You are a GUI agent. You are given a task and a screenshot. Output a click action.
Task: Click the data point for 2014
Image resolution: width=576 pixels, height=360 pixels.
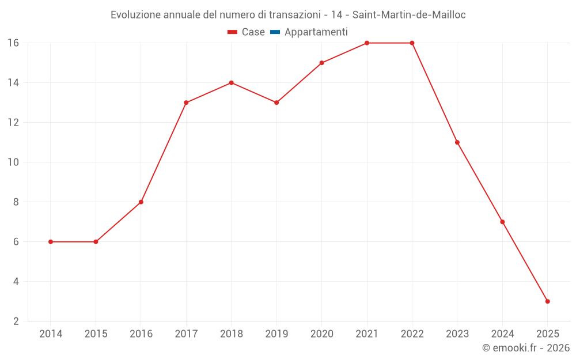tap(51, 242)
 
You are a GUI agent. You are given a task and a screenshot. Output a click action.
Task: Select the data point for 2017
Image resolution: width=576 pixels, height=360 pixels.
tap(186, 103)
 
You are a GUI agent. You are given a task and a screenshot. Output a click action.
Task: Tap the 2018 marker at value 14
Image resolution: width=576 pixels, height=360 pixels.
tap(231, 83)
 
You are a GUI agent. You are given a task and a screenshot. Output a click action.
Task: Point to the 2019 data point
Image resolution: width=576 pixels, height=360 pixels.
tap(276, 103)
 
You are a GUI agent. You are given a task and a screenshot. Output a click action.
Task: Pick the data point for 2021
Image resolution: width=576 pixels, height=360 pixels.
tap(367, 43)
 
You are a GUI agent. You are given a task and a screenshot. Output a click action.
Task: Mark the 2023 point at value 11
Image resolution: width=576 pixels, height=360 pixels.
tap(457, 142)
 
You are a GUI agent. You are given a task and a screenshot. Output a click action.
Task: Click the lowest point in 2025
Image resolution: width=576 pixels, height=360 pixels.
tap(547, 301)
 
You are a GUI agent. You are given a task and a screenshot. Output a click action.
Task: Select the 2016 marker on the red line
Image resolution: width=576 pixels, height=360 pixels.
tap(141, 202)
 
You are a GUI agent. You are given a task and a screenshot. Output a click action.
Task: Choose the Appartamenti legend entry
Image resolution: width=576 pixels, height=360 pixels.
tap(316, 32)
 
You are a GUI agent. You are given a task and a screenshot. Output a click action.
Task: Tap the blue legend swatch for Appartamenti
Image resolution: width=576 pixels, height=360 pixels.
tap(275, 32)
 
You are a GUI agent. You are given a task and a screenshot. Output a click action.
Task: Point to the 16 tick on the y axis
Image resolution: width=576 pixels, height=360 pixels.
tap(13, 43)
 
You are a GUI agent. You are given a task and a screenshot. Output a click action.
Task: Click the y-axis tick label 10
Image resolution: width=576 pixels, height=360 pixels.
tap(13, 162)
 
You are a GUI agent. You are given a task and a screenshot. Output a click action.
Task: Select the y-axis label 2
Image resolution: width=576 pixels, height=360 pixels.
tap(16, 321)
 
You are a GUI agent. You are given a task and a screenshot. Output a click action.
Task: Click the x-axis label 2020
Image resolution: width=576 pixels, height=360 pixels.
tap(321, 334)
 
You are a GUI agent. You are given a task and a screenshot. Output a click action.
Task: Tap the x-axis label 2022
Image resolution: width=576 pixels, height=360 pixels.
tap(412, 334)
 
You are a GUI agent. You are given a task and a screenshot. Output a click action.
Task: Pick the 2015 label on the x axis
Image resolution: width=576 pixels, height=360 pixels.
tap(96, 334)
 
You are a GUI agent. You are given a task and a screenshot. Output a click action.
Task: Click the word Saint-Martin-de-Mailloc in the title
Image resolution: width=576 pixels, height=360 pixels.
tap(409, 15)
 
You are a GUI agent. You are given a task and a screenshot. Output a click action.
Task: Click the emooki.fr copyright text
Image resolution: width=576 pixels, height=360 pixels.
tap(526, 348)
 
